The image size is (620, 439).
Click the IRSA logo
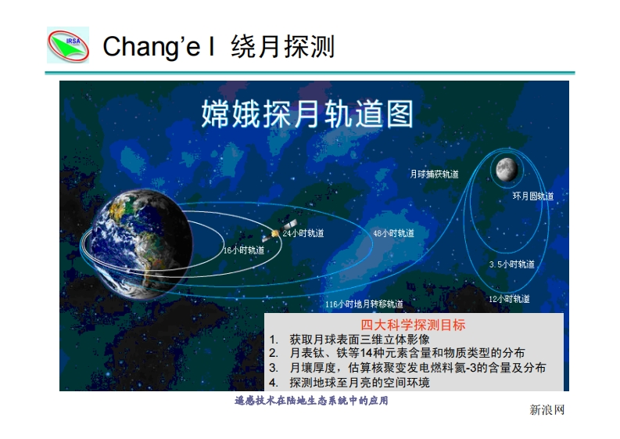pyautogui.click(x=68, y=45)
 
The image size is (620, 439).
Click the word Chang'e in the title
pyautogui.click(x=152, y=46)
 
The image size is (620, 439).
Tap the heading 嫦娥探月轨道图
pyautogui.click(x=307, y=114)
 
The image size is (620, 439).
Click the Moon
pyautogui.click(x=507, y=170)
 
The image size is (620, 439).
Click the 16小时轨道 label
pyautogui.click(x=244, y=250)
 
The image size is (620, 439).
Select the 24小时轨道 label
pyautogui.click(x=303, y=233)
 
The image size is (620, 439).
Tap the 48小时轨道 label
pyautogui.click(x=394, y=233)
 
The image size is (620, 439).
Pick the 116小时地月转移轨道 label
pyautogui.click(x=364, y=304)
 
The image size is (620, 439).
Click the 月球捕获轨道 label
pyautogui.click(x=434, y=175)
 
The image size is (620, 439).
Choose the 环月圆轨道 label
pyautogui.click(x=533, y=196)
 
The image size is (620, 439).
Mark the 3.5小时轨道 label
pyautogui.click(x=511, y=264)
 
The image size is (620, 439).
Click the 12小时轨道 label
pyautogui.click(x=509, y=299)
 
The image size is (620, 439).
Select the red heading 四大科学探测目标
pyautogui.click(x=413, y=325)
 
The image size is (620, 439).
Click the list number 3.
pyautogui.click(x=273, y=368)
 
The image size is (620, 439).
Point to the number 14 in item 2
pyautogui.click(x=366, y=353)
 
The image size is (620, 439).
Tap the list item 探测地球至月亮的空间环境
pyautogui.click(x=360, y=383)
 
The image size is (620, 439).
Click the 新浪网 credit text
pyautogui.click(x=547, y=410)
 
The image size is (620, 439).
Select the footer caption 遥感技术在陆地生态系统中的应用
pyautogui.click(x=311, y=401)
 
